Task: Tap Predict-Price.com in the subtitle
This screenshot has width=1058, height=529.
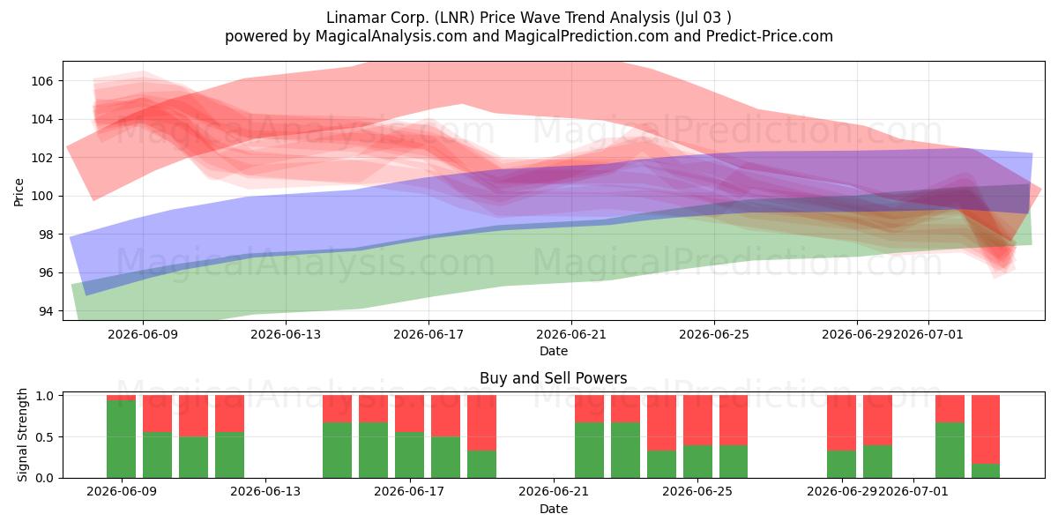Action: point(770,36)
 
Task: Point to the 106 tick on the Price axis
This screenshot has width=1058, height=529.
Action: point(42,81)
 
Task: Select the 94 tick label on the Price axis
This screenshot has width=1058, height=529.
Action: point(46,311)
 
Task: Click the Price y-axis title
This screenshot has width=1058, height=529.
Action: point(19,192)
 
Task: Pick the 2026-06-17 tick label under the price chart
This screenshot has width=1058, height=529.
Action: point(428,334)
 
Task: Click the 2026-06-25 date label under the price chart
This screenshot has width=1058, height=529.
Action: point(714,334)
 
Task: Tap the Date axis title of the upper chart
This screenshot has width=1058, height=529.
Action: point(554,351)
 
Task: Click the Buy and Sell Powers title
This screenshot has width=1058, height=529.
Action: point(554,378)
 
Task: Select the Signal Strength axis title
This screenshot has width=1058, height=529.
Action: point(22,435)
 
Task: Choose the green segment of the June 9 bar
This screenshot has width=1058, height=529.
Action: point(122,439)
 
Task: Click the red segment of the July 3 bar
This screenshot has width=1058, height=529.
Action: point(986,429)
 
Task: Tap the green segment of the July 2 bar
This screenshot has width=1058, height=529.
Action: point(950,451)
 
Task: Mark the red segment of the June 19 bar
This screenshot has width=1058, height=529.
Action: point(481,422)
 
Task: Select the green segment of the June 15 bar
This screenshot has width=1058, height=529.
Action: point(337,451)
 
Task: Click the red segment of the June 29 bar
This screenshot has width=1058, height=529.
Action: point(841,422)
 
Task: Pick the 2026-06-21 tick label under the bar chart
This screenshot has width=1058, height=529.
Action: point(554,492)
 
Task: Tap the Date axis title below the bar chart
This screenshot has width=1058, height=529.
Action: point(554,509)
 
